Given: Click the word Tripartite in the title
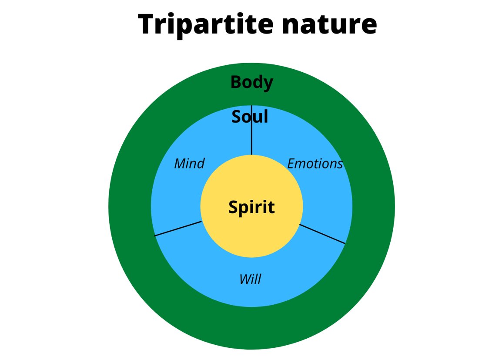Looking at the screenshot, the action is [x=206, y=24].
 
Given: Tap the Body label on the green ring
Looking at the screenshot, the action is [x=252, y=82].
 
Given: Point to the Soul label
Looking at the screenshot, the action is [x=250, y=117].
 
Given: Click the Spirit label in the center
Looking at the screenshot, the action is [x=252, y=208].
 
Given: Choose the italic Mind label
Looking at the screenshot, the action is [x=189, y=163].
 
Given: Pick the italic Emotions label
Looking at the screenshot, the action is [x=315, y=164].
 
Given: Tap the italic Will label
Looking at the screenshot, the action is [x=251, y=279].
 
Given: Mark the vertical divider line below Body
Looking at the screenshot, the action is [x=252, y=130].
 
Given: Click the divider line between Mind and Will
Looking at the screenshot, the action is [x=178, y=229].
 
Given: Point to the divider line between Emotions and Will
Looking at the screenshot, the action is [x=322, y=234].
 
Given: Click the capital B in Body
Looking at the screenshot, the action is [x=237, y=82].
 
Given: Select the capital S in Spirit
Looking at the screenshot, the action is [x=234, y=207].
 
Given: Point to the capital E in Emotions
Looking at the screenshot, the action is [x=291, y=164].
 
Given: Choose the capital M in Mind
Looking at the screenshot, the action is [x=181, y=164].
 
